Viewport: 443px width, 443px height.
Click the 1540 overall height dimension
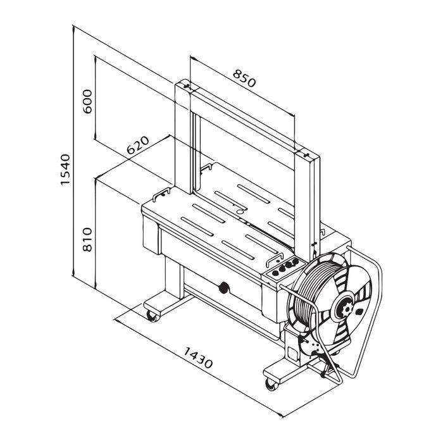click(x=65, y=170)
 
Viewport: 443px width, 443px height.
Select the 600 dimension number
click(x=88, y=101)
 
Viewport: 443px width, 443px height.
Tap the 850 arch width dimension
click(x=244, y=78)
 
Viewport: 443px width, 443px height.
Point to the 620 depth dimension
click(x=137, y=145)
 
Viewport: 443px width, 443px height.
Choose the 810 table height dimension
click(x=87, y=240)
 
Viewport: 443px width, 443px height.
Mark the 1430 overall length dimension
click(x=198, y=358)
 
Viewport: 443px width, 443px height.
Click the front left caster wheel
click(x=153, y=316)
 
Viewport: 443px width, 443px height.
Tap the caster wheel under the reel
click(x=271, y=385)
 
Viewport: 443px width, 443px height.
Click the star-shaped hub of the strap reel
click(x=347, y=309)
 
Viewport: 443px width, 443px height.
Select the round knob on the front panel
click(x=224, y=287)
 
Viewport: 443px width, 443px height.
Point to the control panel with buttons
click(x=284, y=268)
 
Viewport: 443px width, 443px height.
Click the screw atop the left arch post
click(x=187, y=86)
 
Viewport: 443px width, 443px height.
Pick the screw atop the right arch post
click(x=306, y=155)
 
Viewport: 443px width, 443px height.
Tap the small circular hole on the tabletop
click(x=240, y=211)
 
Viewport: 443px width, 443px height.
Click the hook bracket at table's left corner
click(x=161, y=194)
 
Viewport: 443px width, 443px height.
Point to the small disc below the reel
click(x=311, y=346)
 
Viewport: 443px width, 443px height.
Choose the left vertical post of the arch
click(x=183, y=135)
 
